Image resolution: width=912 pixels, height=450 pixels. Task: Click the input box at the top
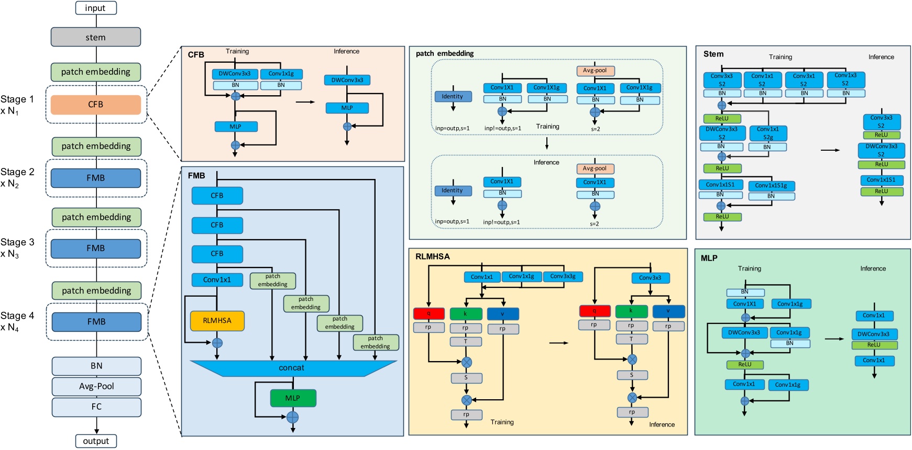95,8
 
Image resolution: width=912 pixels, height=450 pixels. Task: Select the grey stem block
95,37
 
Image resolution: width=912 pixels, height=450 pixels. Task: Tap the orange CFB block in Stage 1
95,105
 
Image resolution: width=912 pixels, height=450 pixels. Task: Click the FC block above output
96,407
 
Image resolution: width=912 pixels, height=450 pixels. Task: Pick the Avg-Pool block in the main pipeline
96,386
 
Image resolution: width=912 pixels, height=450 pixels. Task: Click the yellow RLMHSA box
217,321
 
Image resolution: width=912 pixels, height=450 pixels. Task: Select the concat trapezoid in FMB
292,368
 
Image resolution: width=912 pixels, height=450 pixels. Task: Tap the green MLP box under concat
293,398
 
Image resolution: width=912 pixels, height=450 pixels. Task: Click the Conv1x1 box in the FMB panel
217,280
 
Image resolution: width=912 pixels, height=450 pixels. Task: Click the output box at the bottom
96,441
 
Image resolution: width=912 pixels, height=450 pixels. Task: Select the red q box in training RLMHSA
428,313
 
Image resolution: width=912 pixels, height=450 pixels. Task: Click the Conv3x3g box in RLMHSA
563,276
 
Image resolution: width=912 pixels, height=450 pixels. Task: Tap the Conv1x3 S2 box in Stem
845,80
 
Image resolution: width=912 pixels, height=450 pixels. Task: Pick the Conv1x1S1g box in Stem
771,186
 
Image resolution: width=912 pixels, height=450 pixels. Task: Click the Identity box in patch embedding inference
452,190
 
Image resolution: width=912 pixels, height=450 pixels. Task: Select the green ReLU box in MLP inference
874,345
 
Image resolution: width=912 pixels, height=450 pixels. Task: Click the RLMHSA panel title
432,256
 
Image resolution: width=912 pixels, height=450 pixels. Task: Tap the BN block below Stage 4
96,366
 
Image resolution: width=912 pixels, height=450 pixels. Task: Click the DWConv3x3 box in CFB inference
347,80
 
